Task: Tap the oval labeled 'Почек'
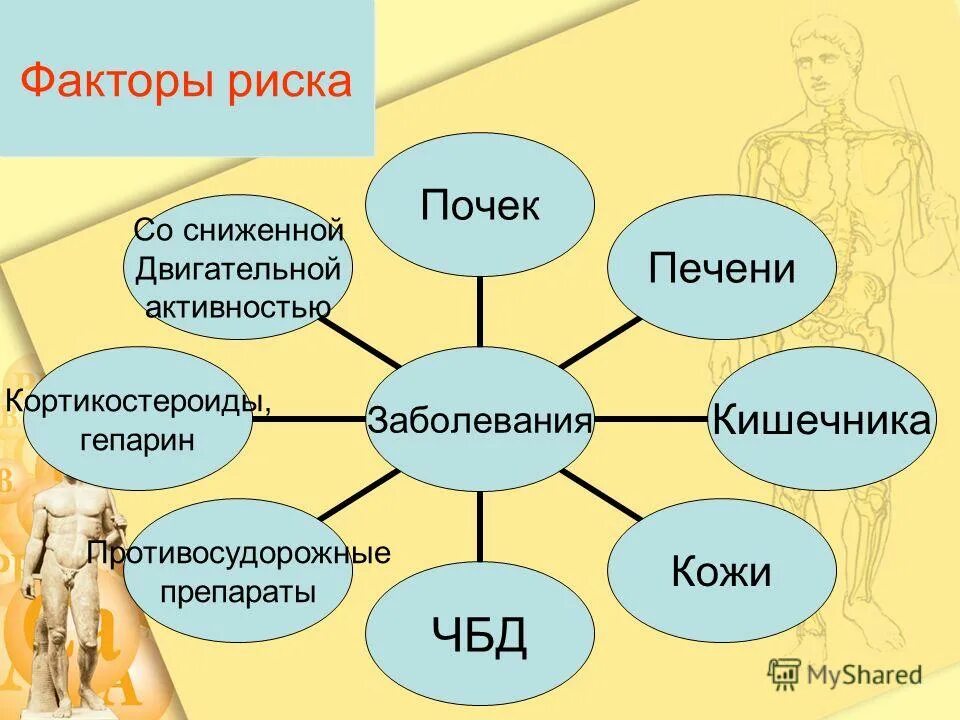[x=480, y=206]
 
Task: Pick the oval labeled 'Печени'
[x=721, y=269]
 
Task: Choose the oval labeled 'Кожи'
[x=721, y=572]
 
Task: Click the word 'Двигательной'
[x=239, y=269]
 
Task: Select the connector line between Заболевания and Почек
[x=480, y=312]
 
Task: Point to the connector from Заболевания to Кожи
[x=600, y=495]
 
